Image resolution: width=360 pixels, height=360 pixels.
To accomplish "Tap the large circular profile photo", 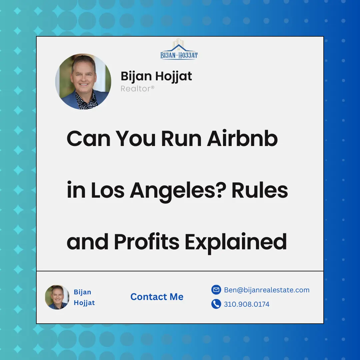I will click(83, 82).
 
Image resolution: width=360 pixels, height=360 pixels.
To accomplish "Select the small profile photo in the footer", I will click(57, 297).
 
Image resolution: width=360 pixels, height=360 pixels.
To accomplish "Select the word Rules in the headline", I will click(260, 190).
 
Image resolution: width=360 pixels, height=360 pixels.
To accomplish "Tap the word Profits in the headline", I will click(147, 242).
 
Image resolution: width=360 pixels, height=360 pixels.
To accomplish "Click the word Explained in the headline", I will click(236, 242).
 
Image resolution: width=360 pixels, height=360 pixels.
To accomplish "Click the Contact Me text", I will click(157, 297).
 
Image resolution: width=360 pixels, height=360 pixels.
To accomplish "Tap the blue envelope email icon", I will click(216, 290).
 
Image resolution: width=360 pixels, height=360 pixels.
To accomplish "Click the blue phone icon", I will click(216, 304).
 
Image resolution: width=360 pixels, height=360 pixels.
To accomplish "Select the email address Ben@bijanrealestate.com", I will click(267, 290).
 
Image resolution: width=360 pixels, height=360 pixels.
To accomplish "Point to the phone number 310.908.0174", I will click(247, 304).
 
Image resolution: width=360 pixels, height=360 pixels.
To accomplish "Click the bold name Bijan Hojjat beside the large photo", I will click(156, 76).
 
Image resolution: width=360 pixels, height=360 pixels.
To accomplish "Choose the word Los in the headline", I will click(105, 190).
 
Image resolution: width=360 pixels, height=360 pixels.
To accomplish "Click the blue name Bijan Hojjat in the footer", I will click(84, 297).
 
